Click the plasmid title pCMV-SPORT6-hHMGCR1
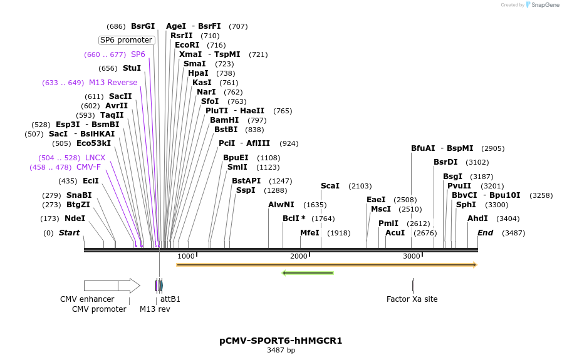[x=281, y=341]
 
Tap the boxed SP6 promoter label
[x=126, y=40]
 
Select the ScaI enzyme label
[x=330, y=186]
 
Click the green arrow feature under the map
[x=308, y=273]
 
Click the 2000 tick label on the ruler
[x=298, y=256]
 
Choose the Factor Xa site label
[x=412, y=299]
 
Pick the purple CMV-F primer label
[x=88, y=167]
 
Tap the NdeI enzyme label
[x=75, y=219]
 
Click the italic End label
[x=485, y=233]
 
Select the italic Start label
[x=69, y=233]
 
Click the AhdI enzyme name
[x=477, y=219]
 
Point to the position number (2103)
[x=360, y=186]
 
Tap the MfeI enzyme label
[x=310, y=233]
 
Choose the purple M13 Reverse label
[x=113, y=83]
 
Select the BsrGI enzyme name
[x=143, y=26]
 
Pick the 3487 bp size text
[x=281, y=350]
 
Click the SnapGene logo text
[x=544, y=4]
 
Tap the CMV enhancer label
[x=87, y=299]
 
